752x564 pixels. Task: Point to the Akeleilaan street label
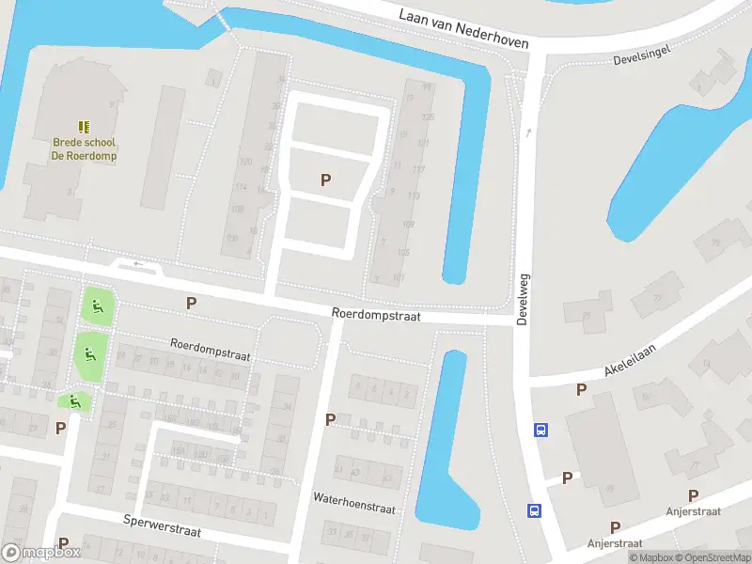(631, 360)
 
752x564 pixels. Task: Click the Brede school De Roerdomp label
(84, 149)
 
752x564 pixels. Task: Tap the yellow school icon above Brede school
(84, 126)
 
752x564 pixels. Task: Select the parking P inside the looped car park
(326, 180)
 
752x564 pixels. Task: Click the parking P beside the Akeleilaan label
(581, 389)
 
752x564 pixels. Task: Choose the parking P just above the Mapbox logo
(64, 542)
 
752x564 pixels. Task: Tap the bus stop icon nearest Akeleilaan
(540, 431)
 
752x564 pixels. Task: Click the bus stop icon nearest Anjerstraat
(534, 511)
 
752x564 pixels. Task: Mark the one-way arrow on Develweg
(529, 133)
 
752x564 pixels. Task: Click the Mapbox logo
(40, 553)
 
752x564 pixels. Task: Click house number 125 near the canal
(429, 117)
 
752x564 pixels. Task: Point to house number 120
(246, 163)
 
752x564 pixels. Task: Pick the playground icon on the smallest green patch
(73, 402)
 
